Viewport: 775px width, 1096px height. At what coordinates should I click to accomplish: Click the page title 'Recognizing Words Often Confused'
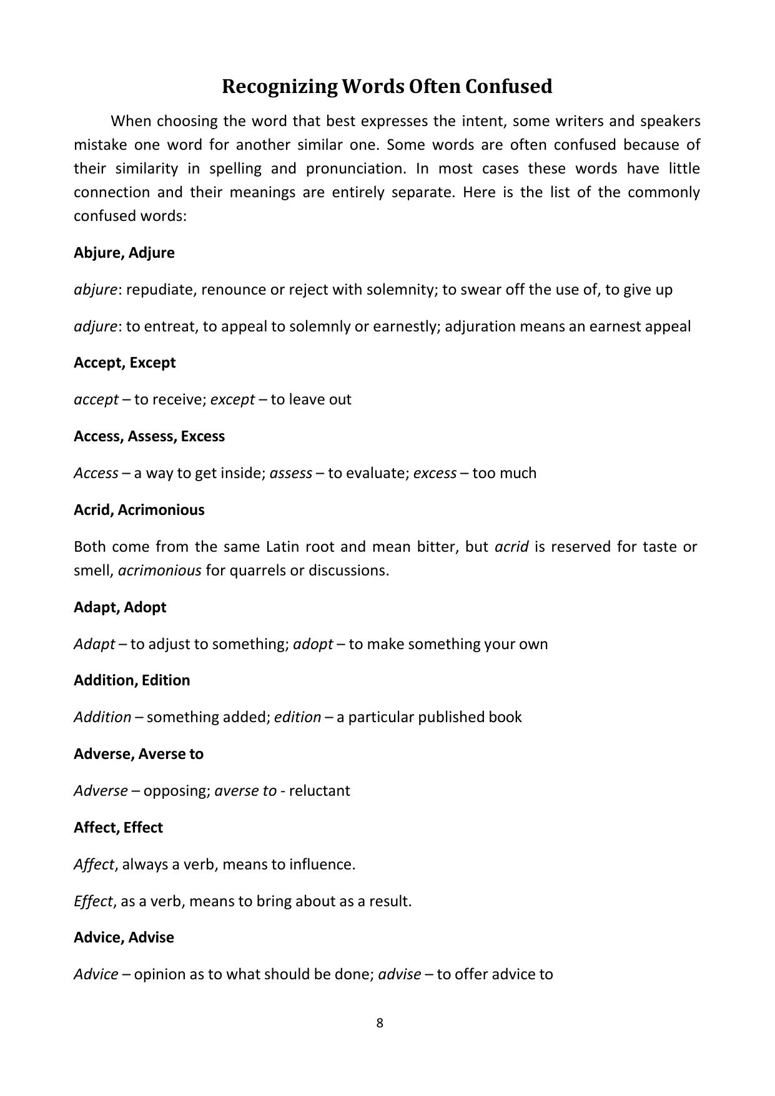(x=387, y=86)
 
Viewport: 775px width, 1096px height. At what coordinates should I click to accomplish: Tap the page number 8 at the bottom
(x=380, y=1022)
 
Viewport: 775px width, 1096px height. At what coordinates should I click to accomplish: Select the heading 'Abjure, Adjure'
(x=124, y=253)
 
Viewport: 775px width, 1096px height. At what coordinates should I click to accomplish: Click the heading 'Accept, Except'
(x=124, y=363)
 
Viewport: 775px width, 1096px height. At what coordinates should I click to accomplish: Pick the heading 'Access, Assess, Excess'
(x=149, y=436)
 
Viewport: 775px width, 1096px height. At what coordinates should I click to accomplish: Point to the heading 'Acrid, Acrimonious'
(x=139, y=510)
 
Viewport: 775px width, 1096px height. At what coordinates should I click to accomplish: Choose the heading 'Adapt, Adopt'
(x=120, y=607)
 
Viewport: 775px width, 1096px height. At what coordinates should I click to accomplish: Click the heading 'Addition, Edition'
(x=132, y=680)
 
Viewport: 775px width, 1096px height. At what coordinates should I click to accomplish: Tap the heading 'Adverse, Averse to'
(x=138, y=754)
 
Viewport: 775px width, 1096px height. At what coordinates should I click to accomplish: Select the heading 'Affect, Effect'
(x=118, y=828)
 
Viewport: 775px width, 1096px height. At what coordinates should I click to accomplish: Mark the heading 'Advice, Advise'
(x=124, y=937)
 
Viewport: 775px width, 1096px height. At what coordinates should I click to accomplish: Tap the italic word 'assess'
(x=290, y=473)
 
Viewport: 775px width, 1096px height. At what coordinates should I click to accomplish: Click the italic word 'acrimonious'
(x=159, y=570)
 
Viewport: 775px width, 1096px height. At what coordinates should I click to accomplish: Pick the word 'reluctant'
(x=319, y=791)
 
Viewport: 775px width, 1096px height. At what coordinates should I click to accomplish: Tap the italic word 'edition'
(x=297, y=717)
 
